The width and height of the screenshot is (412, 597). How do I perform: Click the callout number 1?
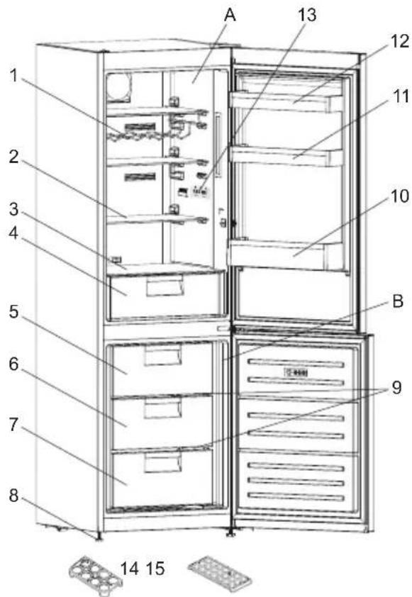(x=13, y=75)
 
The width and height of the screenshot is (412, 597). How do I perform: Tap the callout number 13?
(x=307, y=15)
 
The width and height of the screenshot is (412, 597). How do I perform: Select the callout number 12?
(x=400, y=41)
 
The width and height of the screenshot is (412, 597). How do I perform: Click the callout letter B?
(x=398, y=301)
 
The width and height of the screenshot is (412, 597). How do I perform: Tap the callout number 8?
(x=13, y=496)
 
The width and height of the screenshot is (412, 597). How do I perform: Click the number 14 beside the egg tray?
(x=130, y=569)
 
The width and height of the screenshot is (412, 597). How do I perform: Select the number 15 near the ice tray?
(x=155, y=569)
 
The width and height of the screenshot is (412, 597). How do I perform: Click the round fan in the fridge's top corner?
(x=118, y=87)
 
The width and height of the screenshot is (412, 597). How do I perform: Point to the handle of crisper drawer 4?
(x=165, y=286)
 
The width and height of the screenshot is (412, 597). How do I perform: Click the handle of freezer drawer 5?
(x=162, y=355)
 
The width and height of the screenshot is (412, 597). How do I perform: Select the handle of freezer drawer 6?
(x=162, y=408)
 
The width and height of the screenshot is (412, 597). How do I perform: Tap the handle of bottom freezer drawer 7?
(x=162, y=462)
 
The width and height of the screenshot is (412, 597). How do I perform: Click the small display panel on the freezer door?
(x=296, y=372)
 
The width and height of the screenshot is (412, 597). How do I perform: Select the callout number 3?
(x=13, y=209)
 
